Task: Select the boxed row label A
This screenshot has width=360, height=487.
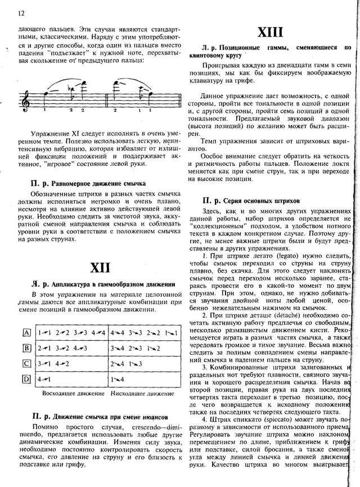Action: coord(26,333)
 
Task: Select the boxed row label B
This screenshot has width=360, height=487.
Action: coord(26,348)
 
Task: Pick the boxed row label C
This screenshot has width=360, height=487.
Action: coord(26,364)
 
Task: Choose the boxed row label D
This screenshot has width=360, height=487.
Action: coord(26,379)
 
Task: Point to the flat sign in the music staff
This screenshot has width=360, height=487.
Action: coord(70,89)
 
